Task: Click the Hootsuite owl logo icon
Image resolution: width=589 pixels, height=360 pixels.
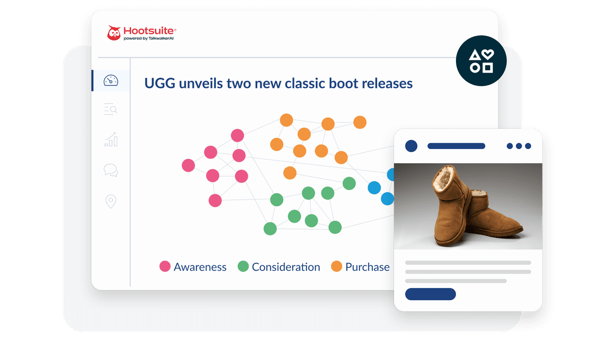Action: (113, 33)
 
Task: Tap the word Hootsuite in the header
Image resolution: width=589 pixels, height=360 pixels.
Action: (149, 31)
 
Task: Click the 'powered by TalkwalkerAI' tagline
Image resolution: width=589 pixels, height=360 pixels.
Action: (149, 38)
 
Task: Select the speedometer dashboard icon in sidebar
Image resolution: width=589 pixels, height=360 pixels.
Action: (111, 80)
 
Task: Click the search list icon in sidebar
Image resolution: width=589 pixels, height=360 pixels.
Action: (111, 109)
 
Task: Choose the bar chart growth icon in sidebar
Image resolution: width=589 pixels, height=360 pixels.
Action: (111, 139)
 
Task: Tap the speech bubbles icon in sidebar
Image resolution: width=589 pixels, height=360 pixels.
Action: (111, 170)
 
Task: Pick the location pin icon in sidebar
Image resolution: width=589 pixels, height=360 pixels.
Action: (111, 201)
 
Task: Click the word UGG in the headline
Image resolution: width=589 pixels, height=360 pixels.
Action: (160, 83)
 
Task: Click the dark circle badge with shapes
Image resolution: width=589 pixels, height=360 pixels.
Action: (481, 61)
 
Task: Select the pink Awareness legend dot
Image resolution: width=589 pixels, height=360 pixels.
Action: (165, 266)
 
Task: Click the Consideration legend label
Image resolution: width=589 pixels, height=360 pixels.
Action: (286, 267)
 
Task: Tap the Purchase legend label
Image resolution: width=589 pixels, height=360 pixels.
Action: (367, 267)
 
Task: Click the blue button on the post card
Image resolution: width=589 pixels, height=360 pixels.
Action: (430, 294)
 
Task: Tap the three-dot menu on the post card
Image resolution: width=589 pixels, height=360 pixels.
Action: (519, 146)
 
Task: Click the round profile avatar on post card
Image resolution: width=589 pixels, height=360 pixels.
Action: (411, 146)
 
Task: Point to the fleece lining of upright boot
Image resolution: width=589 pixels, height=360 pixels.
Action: (444, 178)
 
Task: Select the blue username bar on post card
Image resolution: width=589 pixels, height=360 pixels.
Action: (456, 146)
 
